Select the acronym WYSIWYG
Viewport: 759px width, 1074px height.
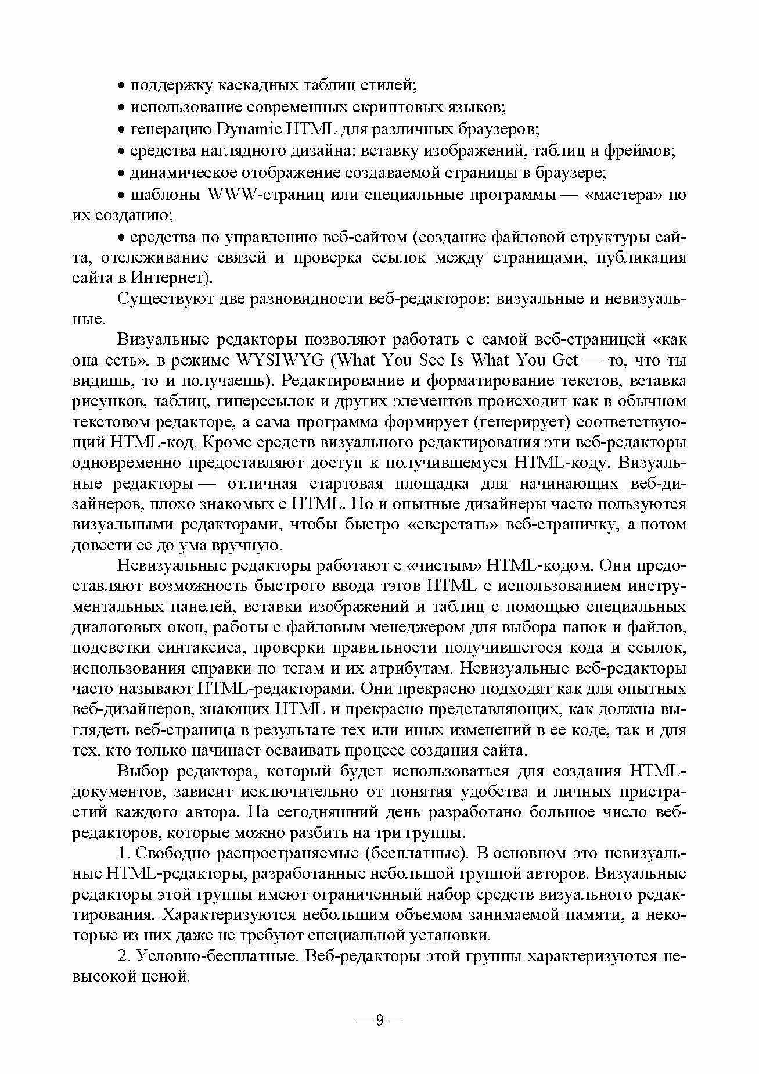281,360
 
